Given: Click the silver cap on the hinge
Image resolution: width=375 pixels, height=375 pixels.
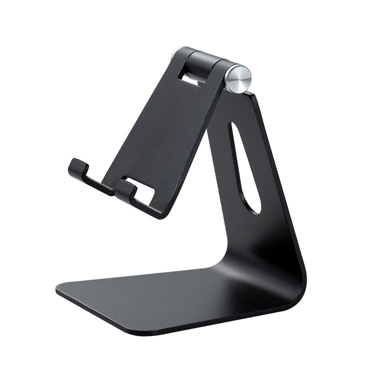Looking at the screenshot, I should [x=238, y=77].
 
